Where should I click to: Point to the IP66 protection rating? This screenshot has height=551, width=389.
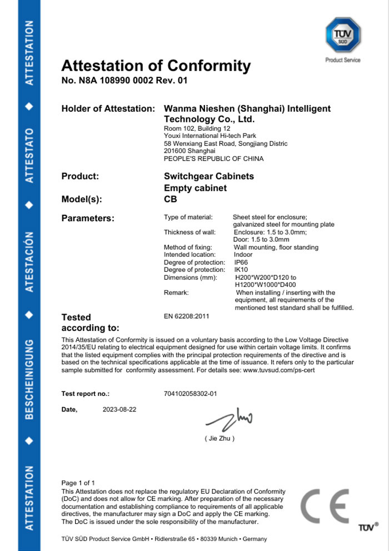tap(241, 262)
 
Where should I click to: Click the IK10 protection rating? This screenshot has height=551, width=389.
tap(241, 270)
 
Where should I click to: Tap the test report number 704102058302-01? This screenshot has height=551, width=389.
tap(190, 394)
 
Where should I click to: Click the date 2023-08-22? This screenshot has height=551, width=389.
tap(119, 409)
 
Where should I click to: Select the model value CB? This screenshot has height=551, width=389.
tap(171, 199)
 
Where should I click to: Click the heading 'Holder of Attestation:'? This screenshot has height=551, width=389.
tap(108, 108)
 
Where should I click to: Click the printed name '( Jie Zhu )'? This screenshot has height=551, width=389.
tap(220, 439)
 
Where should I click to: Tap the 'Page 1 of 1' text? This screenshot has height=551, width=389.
tap(78, 483)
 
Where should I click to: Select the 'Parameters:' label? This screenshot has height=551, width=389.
tap(88, 218)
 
